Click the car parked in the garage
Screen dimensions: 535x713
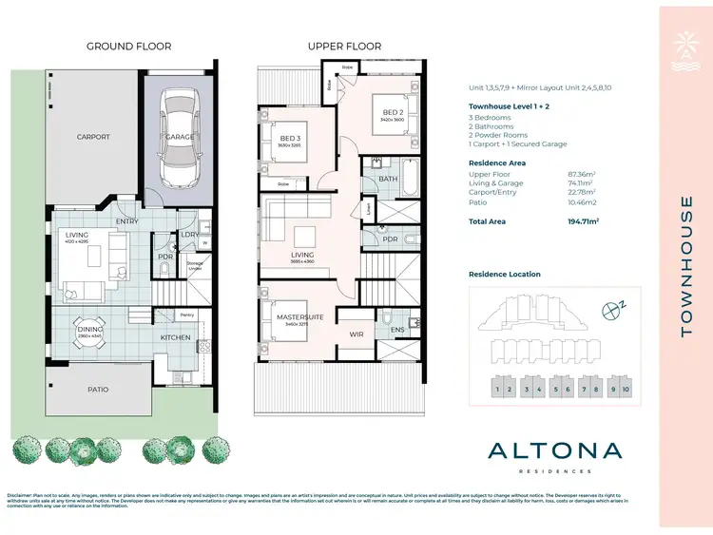[179, 136]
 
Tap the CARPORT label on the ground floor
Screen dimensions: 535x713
[93, 137]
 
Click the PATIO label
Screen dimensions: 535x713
[97, 390]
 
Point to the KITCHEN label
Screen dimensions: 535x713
[176, 337]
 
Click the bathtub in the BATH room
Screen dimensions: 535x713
[415, 180]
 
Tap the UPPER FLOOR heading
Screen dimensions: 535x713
[344, 46]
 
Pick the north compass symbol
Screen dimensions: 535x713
[610, 307]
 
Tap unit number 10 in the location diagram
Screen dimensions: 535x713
[626, 389]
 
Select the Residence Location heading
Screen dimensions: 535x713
[504, 275]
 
